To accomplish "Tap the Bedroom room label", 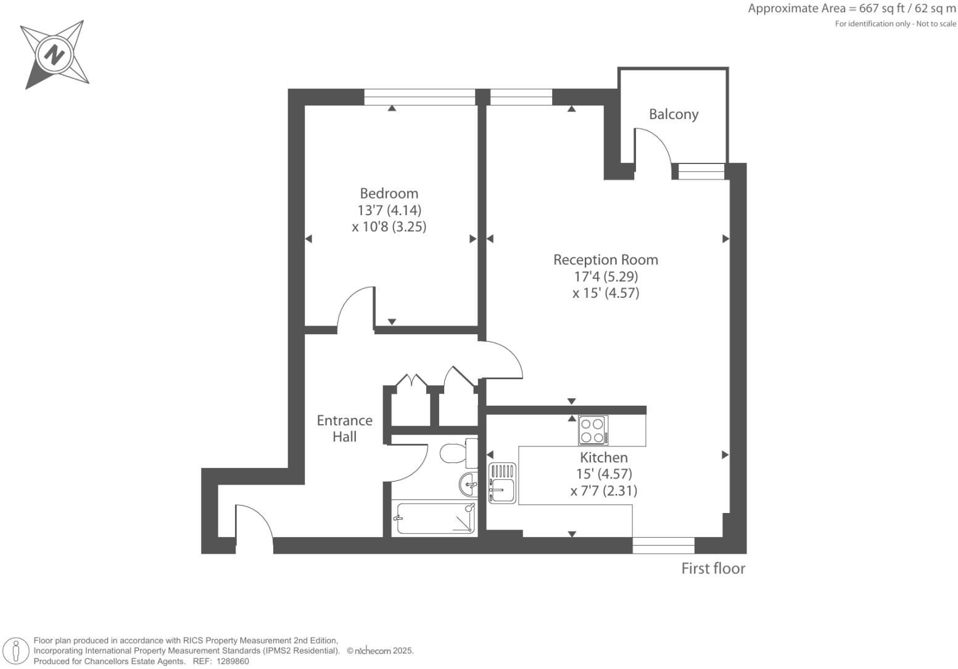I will click(389, 194).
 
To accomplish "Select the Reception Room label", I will click(605, 260).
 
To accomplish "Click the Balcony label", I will click(673, 115).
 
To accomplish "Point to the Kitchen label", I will click(603, 458).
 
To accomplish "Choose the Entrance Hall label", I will click(344, 429).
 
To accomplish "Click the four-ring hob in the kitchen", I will click(593, 430).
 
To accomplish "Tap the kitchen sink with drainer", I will click(502, 483).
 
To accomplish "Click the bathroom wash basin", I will click(468, 485).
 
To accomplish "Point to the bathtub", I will click(434, 519).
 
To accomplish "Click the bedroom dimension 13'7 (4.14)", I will click(389, 210).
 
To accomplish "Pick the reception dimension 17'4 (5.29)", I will click(605, 277).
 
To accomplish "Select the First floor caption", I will click(712, 568).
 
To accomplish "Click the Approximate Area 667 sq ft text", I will click(851, 9).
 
